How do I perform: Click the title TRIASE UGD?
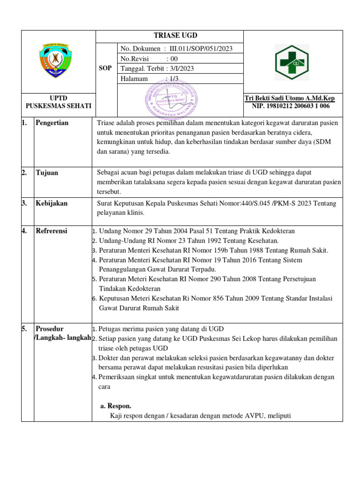tap(169, 36)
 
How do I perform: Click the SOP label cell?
tap(105, 68)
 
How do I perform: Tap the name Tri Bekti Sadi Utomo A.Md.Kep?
tap(290, 98)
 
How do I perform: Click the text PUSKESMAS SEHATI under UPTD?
tap(58, 106)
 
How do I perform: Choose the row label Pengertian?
tap(52, 123)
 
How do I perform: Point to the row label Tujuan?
tap(47, 172)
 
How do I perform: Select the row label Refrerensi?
tap(52, 231)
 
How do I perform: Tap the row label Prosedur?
tap(50, 329)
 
